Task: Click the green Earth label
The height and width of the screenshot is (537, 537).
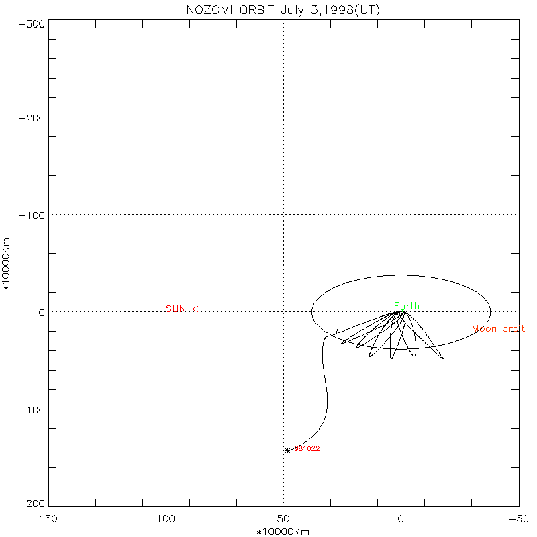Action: click(x=406, y=307)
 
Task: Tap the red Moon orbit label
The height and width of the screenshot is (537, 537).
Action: click(x=498, y=329)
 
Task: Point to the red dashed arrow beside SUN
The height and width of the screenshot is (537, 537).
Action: click(x=211, y=309)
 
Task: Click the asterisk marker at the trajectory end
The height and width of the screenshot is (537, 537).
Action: click(x=288, y=450)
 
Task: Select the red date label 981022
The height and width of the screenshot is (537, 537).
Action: click(x=307, y=448)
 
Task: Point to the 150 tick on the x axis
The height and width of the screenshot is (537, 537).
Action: click(x=48, y=519)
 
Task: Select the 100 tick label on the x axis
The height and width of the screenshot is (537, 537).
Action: click(x=166, y=519)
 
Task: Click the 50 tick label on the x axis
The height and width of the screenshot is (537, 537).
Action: click(x=283, y=519)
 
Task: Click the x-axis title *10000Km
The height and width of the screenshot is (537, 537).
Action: click(x=283, y=532)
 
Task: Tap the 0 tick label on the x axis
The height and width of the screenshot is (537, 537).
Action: click(x=401, y=519)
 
